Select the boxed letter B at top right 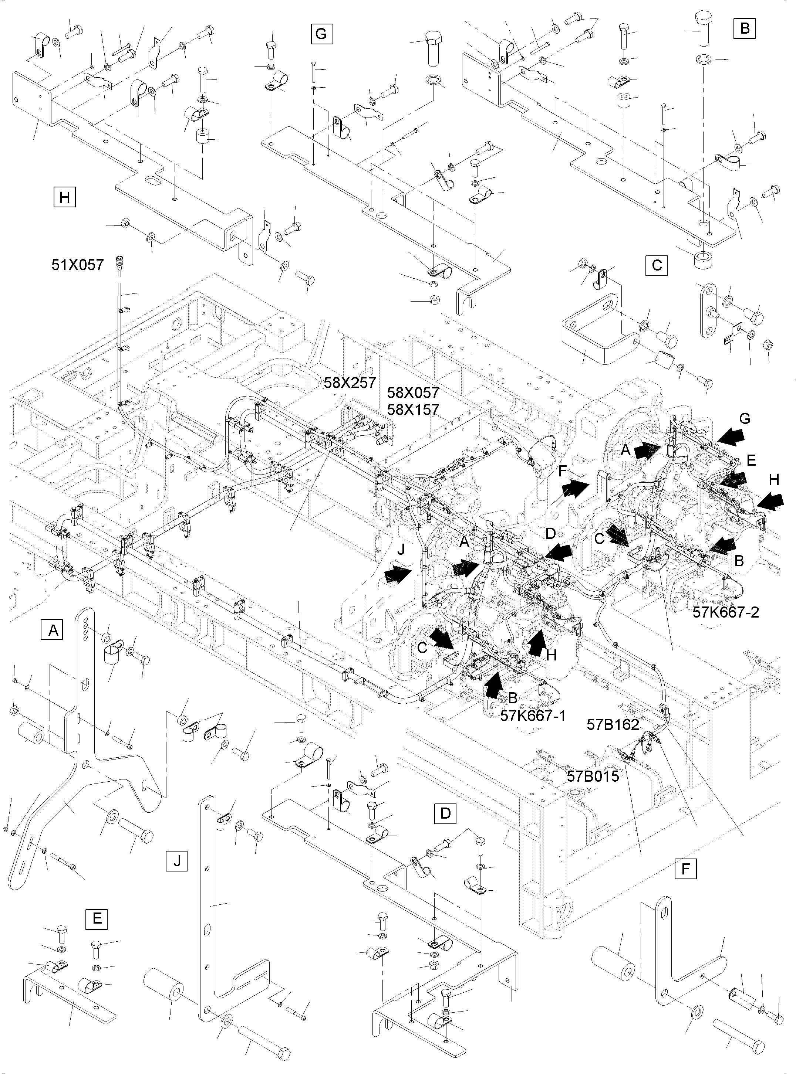click(745, 28)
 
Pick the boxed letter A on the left click(53, 630)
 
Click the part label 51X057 click(78, 264)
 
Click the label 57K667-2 click(726, 612)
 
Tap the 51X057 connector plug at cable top click(118, 263)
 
